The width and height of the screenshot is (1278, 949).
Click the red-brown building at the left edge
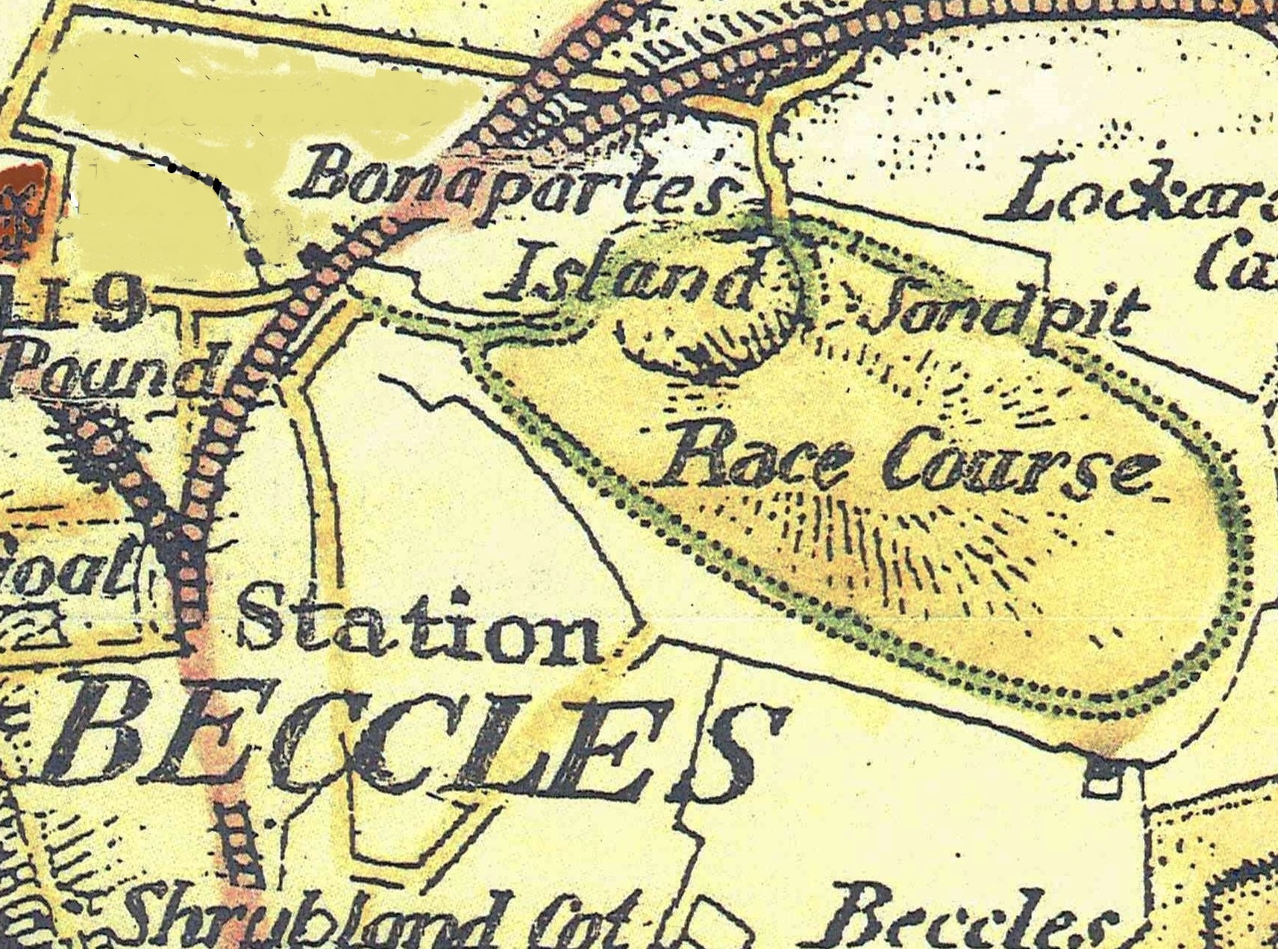(x=11, y=205)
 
